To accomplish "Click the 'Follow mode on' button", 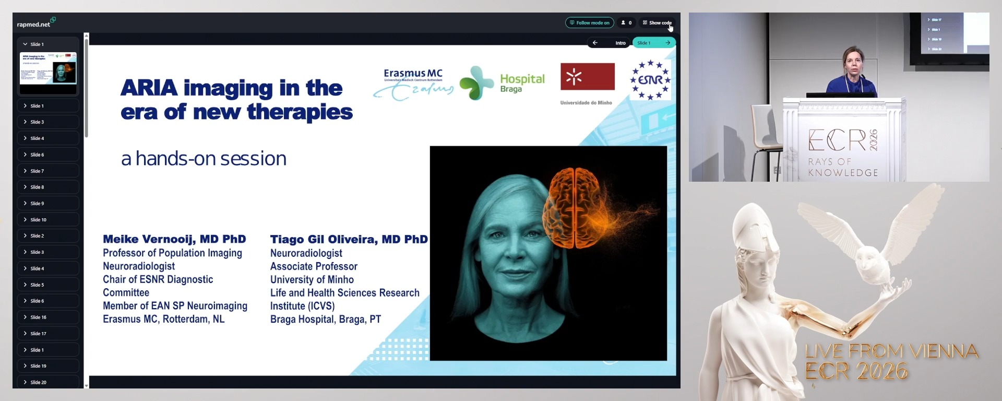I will pos(590,23).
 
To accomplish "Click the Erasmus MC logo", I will pos(413,82).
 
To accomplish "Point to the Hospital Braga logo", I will pos(503,82).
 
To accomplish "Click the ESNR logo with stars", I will pos(650,80).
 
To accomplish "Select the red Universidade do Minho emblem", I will pos(587,77).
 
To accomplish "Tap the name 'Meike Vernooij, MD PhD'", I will pos(174,239).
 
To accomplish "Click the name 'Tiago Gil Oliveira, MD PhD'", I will pos(349,239).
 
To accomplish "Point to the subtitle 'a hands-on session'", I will pos(204,159).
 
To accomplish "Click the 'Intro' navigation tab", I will pos(620,43).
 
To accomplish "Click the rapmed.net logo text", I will pos(34,24).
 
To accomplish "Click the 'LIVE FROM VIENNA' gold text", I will pos(891,351).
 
